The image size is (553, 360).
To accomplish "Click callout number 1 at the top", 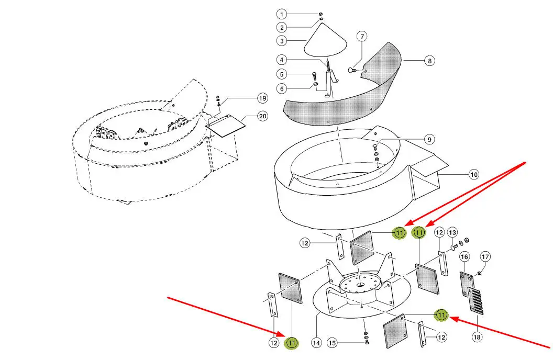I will [x=282, y=14].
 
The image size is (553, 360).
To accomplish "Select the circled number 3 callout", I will [x=282, y=40].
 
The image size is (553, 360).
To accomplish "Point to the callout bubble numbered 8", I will [x=429, y=61].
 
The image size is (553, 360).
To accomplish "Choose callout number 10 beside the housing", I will [x=473, y=174].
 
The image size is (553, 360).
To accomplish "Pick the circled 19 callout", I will [x=262, y=98].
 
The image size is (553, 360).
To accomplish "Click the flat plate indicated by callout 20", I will [x=226, y=126].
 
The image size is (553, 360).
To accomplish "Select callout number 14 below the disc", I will [x=316, y=343].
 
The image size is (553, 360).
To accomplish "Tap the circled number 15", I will [x=332, y=343].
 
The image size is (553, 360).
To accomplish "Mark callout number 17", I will [x=485, y=257].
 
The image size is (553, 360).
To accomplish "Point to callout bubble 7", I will [x=362, y=37].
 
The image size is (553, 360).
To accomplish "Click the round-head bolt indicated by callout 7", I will [x=352, y=70].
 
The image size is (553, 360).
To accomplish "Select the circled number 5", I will [x=282, y=74].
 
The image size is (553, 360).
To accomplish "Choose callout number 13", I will [x=452, y=232].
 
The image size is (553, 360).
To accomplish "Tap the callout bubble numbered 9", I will [x=429, y=140].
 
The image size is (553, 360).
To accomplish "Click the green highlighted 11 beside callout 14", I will [x=292, y=343].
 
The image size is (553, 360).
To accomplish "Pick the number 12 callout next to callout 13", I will [x=439, y=232].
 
